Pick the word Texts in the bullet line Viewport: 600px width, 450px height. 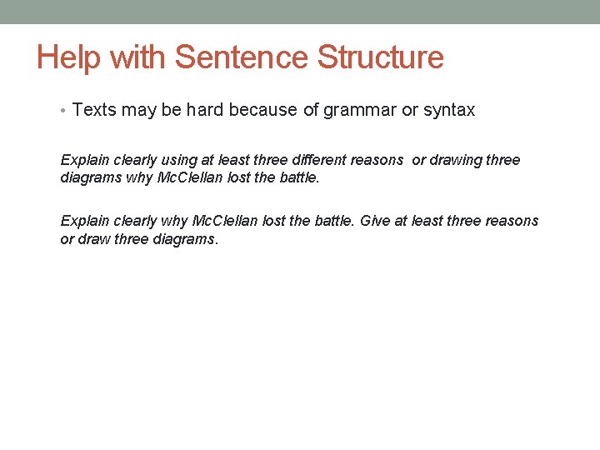point(93,110)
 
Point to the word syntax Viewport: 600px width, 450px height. point(450,110)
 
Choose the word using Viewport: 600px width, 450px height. point(178,160)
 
